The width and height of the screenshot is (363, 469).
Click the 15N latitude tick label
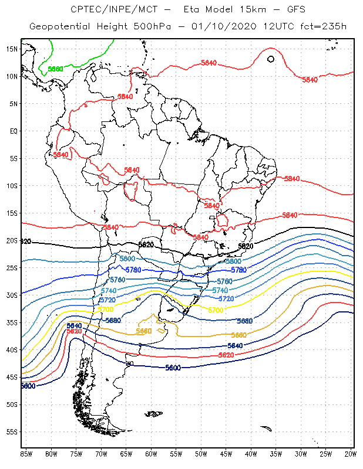pyautogui.click(x=12, y=49)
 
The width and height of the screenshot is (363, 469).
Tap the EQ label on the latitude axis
pyautogui.click(x=13, y=131)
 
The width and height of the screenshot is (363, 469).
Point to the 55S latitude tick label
pyautogui.click(x=12, y=431)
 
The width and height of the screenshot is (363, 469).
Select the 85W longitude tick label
pyautogui.click(x=26, y=453)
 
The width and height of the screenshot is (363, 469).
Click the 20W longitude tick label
pyautogui.click(x=350, y=453)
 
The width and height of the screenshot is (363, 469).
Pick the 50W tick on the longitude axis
pyautogui.click(x=201, y=453)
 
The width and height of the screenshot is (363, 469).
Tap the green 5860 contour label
pyautogui.click(x=55, y=69)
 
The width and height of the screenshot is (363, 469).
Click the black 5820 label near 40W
pyautogui.click(x=246, y=246)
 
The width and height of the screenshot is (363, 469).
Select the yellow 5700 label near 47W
pyautogui.click(x=216, y=310)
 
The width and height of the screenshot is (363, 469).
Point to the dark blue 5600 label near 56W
pyautogui.click(x=173, y=368)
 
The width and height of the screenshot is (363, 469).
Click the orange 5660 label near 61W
pyautogui.click(x=144, y=331)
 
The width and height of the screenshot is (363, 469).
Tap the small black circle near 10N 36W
pyautogui.click(x=271, y=59)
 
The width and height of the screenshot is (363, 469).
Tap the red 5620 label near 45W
pyautogui.click(x=226, y=355)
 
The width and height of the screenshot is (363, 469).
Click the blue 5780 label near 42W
pyautogui.click(x=238, y=270)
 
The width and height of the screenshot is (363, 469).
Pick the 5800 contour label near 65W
pyautogui.click(x=127, y=259)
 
